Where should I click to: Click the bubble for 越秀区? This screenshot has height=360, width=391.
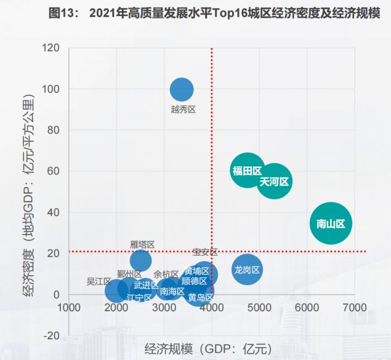(182, 89)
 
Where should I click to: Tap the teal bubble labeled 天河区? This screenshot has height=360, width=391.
(274, 182)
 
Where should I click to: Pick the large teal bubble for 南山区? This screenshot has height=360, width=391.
(331, 223)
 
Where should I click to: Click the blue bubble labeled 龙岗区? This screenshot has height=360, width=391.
(247, 270)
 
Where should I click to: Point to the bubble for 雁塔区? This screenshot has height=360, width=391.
(141, 260)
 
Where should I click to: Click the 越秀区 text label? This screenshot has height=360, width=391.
(183, 109)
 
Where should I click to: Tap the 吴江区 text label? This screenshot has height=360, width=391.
(99, 281)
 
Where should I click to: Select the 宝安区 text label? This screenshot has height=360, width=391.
(205, 252)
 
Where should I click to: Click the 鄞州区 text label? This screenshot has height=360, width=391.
(130, 273)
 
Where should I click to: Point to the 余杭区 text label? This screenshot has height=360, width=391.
(166, 274)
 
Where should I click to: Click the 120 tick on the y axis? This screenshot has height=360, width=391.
(52, 48)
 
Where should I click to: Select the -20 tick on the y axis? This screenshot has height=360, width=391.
(52, 335)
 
